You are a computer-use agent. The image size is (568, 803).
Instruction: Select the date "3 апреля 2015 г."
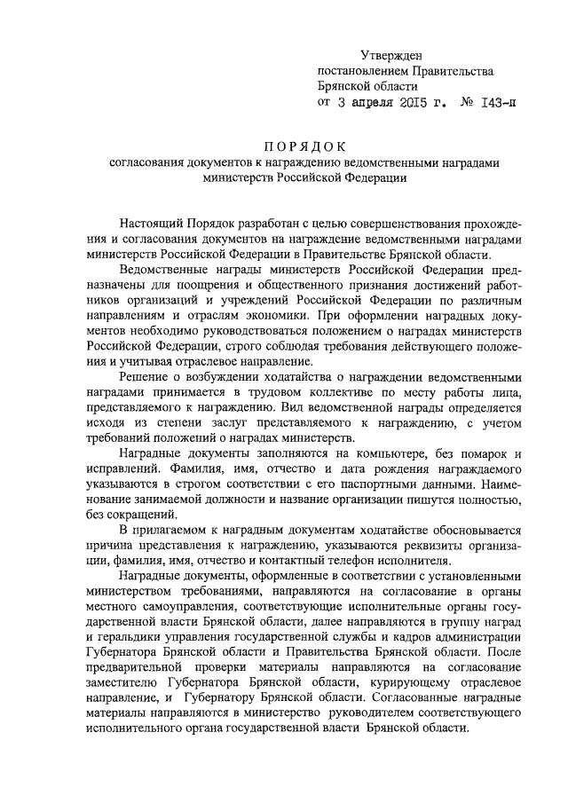pyautogui.click(x=388, y=103)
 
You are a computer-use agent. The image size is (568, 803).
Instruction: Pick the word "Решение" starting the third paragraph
pyautogui.click(x=141, y=378)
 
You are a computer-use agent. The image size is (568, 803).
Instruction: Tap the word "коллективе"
pyautogui.click(x=338, y=394)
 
